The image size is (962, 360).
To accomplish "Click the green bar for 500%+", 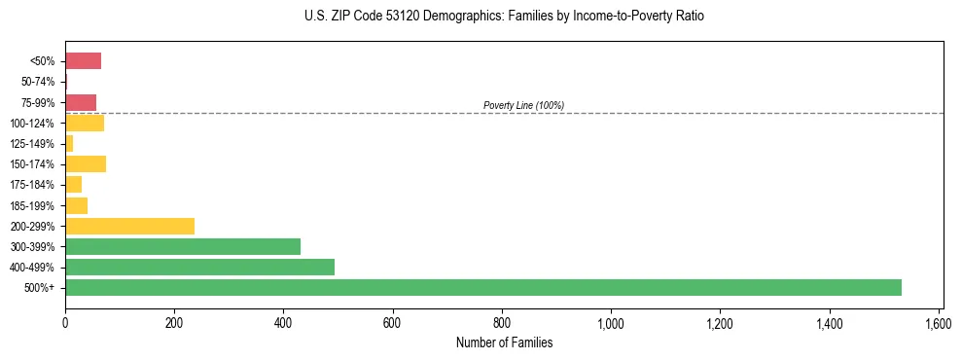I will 483,287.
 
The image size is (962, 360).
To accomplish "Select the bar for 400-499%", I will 199,267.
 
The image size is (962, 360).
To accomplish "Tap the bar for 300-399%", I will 183,246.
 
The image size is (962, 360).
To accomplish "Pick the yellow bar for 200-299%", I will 129,226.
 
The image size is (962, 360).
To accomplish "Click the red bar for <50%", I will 83,61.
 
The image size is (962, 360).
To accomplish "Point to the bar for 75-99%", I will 81,102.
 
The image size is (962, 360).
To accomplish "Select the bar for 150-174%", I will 86,163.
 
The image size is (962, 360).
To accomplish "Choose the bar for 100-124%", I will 85,123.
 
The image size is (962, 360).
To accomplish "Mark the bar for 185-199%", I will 76,205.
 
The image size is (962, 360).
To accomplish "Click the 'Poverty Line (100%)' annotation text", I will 523,105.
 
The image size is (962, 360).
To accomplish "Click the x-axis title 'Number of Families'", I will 504,342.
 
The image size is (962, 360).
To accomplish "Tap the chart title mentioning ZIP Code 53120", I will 504,17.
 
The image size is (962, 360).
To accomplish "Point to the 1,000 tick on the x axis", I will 611,322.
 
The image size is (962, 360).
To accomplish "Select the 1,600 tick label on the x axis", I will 939,322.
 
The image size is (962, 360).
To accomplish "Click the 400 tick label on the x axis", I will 283,322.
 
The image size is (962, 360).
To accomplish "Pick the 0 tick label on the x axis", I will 65,322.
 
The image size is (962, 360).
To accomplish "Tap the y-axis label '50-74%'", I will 38,82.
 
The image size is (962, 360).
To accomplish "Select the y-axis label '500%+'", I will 42,288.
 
